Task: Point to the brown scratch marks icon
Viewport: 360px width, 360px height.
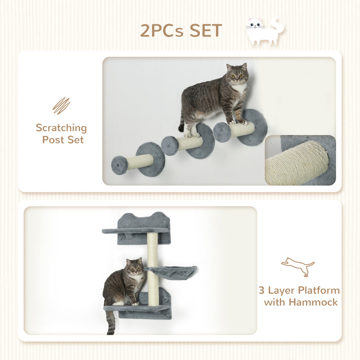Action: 61,105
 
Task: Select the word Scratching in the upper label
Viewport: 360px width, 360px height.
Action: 61,128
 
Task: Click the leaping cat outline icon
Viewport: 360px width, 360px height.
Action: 297,266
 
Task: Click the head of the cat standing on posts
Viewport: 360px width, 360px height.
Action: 237,74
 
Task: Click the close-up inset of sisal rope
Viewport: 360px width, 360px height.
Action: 300,161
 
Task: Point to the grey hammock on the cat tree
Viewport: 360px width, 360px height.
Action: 171,271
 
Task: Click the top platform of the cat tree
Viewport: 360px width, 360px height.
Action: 135,231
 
